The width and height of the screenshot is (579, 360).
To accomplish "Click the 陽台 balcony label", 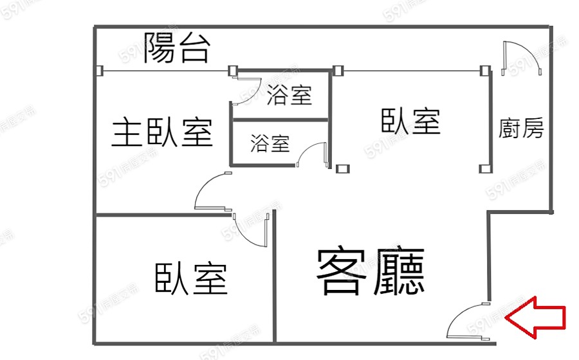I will coord(176,48).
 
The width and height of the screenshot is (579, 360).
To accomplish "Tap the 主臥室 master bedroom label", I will coord(162,132).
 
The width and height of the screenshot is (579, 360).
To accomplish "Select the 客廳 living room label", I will coord(370,271).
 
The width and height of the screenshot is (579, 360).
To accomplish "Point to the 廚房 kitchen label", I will coord(521,129).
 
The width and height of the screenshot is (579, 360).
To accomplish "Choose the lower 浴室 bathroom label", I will coord(270,143).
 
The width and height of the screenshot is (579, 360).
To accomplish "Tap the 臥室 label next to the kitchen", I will coord(410,121).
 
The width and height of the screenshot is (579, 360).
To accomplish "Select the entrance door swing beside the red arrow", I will coord(468,320).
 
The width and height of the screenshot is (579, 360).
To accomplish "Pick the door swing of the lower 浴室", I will coord(313,155).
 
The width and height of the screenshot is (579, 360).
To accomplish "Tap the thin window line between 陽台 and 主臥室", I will coord(165,70).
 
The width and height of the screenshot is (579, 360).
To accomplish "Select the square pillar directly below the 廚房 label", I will coord(484,168).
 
